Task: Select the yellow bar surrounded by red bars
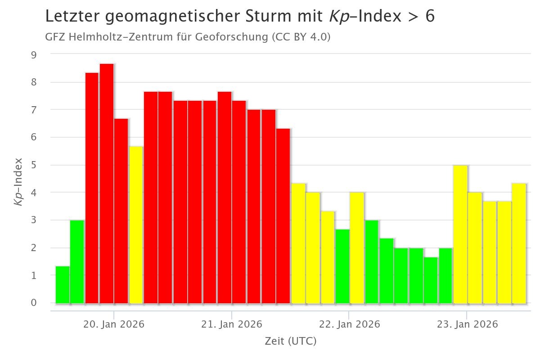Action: click(x=136, y=225)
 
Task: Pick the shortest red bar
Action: click(x=283, y=216)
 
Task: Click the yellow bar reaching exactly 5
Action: click(x=460, y=234)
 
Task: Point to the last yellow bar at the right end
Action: click(x=519, y=243)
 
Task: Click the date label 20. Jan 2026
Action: click(x=114, y=324)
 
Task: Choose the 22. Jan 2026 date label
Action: click(x=349, y=324)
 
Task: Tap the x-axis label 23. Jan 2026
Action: click(x=467, y=324)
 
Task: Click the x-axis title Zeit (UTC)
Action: click(x=290, y=342)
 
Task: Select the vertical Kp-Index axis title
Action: click(x=18, y=181)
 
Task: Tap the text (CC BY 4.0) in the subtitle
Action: click(x=301, y=37)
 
